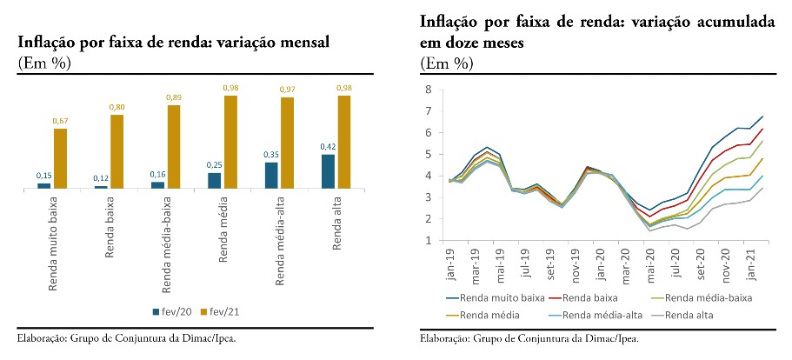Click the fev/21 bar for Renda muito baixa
60,158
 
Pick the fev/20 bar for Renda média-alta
271,175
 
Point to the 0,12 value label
100,178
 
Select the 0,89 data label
175,98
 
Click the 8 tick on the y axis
428,90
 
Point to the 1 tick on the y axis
428,240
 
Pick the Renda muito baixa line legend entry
487,298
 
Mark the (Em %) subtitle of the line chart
446,63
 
